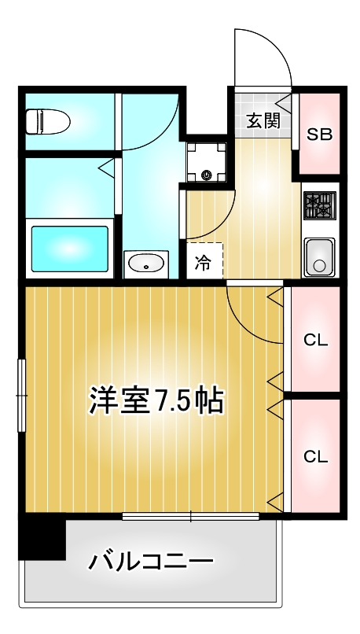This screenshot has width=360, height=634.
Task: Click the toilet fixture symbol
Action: pyautogui.click(x=47, y=122)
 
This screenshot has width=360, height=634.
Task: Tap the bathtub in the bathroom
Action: pyautogui.click(x=69, y=250)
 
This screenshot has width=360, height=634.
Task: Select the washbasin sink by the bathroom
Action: pyautogui.click(x=145, y=264)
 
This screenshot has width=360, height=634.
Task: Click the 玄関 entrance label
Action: pyautogui.click(x=262, y=120)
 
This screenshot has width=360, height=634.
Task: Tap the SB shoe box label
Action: pyautogui.click(x=319, y=134)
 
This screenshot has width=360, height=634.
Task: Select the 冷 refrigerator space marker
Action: pyautogui.click(x=203, y=263)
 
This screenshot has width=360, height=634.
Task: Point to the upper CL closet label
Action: pyautogui.click(x=315, y=340)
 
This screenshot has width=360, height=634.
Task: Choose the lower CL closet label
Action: pyautogui.click(x=315, y=455)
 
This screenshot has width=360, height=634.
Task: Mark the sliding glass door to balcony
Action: pyautogui.click(x=190, y=517)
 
